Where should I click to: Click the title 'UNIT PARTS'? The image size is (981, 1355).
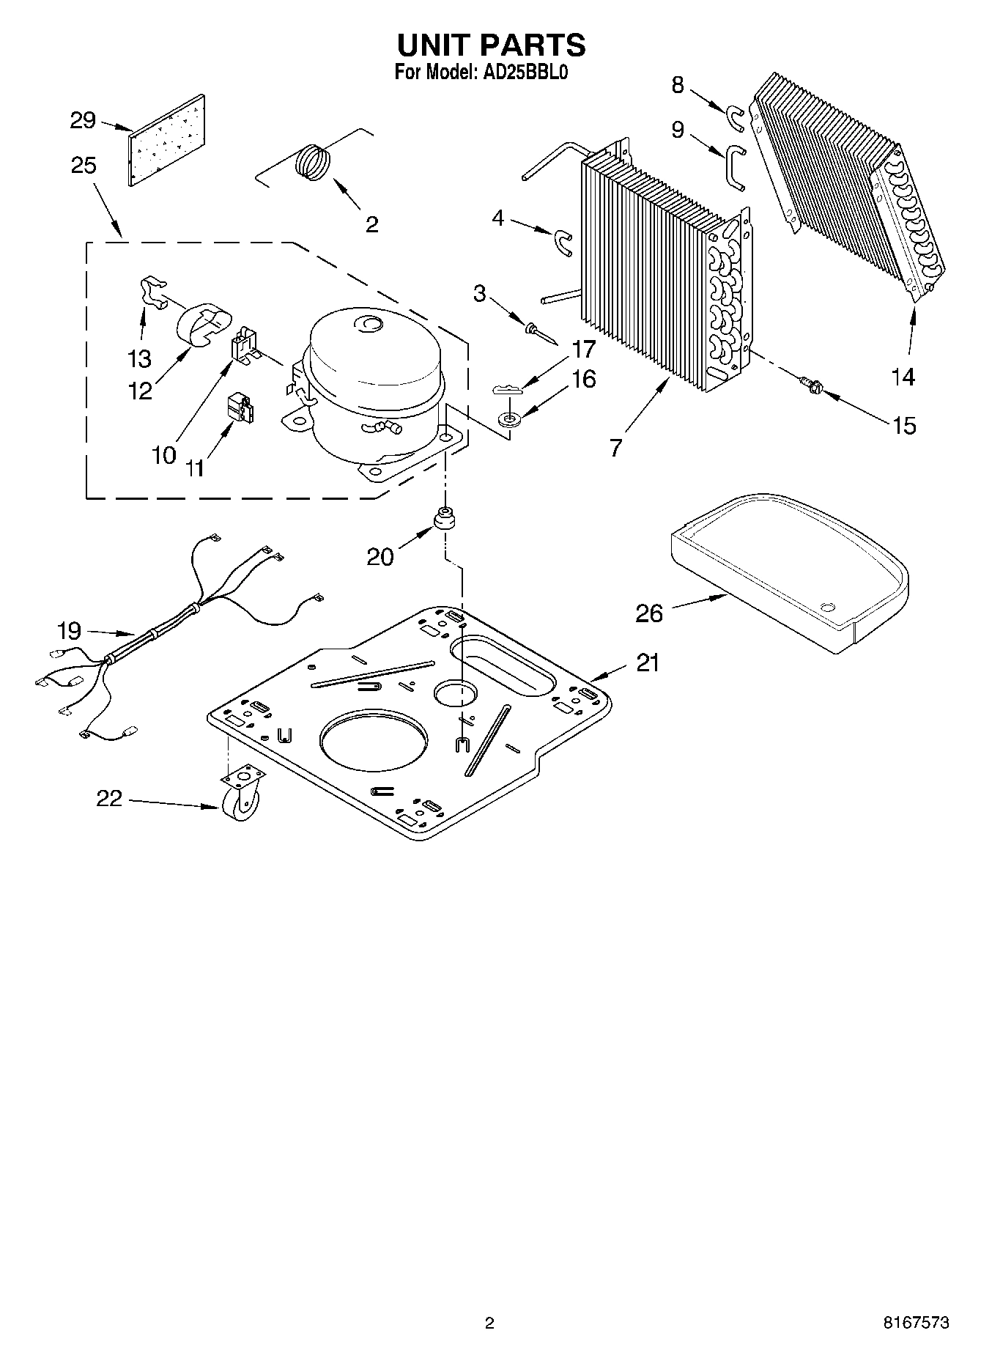(x=491, y=45)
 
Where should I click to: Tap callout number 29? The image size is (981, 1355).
(x=83, y=120)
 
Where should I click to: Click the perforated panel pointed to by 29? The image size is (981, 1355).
(x=166, y=140)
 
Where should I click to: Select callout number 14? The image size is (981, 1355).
(x=903, y=377)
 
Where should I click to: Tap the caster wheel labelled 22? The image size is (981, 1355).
(x=240, y=804)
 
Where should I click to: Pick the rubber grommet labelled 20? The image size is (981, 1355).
(x=444, y=518)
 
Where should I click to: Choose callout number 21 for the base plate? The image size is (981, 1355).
(x=648, y=662)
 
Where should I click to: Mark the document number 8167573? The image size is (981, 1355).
(x=915, y=1323)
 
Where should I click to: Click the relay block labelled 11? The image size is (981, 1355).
(x=239, y=409)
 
